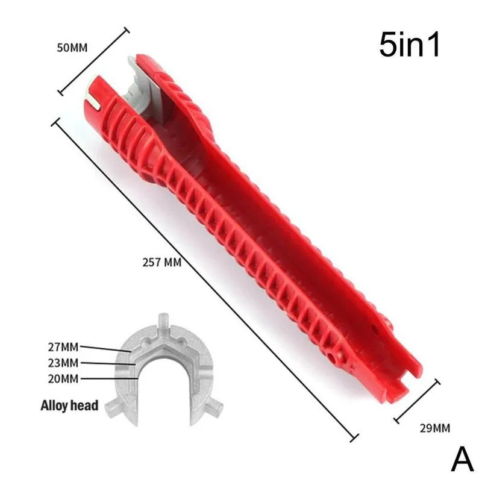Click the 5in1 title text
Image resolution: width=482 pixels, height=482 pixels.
click(x=410, y=47)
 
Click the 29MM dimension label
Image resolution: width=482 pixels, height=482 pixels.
click(x=434, y=428)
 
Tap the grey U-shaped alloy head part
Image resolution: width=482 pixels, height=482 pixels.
click(x=163, y=368)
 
